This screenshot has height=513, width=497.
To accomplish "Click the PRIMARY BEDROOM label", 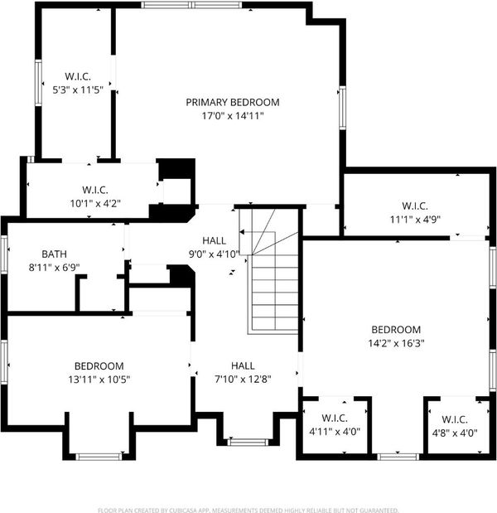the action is [x=233, y=103].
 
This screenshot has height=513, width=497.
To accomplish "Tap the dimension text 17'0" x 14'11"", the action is [x=233, y=116].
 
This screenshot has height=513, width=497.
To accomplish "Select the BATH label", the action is [x=55, y=254].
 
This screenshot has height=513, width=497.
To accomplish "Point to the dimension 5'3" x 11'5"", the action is [x=78, y=90].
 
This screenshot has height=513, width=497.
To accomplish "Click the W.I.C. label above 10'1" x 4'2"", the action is [x=95, y=190].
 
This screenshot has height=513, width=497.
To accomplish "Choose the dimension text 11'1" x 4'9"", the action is [x=415, y=219].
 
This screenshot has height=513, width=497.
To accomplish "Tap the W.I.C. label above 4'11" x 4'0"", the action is [x=335, y=418].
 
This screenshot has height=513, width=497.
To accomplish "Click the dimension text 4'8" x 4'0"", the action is [x=455, y=433].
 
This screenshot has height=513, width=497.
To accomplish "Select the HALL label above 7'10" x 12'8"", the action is [x=243, y=365].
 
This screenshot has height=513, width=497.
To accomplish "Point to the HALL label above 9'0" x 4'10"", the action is [x=215, y=241].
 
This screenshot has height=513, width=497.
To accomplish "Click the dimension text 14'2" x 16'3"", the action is [x=396, y=343].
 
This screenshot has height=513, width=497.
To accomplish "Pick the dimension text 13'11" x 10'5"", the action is [x=99, y=380].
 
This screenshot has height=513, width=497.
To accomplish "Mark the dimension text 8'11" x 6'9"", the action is [x=55, y=268].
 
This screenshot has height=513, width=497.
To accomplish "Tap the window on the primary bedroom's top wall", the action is [x=192, y=5].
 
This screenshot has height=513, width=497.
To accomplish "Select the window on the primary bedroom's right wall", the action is [x=342, y=108].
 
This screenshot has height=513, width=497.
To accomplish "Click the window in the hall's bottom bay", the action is [x=248, y=443].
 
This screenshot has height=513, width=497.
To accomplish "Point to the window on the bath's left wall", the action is [x=4, y=255].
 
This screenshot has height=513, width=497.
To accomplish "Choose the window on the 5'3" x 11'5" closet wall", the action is [x=38, y=83].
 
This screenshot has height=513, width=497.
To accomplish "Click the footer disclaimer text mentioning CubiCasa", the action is [x=248, y=510].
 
